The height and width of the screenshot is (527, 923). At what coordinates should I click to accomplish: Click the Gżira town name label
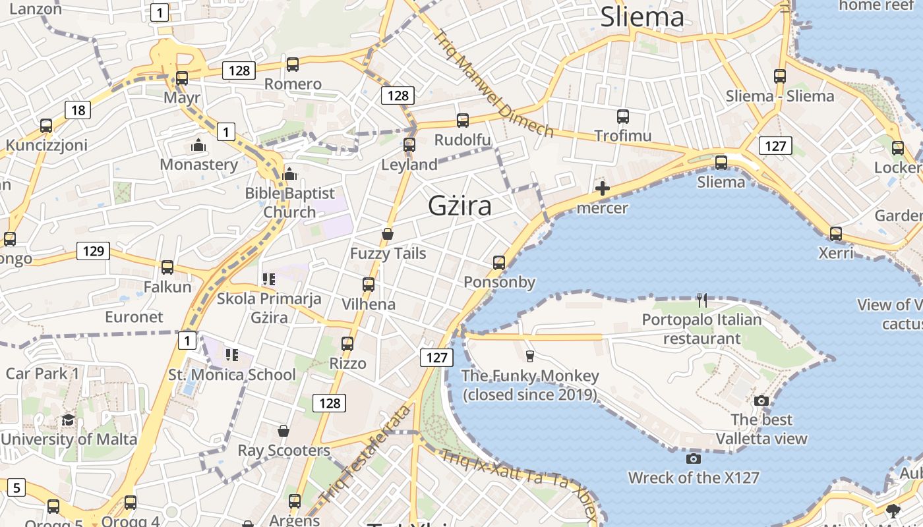coord(460,206)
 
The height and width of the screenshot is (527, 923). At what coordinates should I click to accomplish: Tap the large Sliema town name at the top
coord(641,17)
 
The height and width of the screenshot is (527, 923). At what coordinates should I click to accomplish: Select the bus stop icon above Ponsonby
coord(499,263)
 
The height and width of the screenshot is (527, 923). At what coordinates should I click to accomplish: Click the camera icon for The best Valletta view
coord(761,401)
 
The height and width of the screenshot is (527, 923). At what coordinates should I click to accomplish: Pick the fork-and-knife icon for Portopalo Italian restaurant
coord(702,300)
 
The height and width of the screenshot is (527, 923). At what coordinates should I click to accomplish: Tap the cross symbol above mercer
coord(602,189)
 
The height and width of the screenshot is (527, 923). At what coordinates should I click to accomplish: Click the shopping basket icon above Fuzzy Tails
coord(388,234)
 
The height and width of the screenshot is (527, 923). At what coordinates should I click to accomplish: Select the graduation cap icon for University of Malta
coord(68,420)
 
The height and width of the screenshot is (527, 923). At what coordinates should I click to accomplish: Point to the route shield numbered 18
coord(78,110)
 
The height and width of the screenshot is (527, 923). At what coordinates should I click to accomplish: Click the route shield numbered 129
coord(93,251)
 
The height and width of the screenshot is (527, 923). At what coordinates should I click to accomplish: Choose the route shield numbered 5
coord(16,488)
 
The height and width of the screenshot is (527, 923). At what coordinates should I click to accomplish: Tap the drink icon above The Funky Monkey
coord(529,356)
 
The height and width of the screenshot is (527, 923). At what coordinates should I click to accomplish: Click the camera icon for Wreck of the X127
coord(693,458)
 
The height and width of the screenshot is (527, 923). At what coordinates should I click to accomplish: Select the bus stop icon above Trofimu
coord(623,117)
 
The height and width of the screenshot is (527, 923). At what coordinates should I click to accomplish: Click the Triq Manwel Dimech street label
coord(493,83)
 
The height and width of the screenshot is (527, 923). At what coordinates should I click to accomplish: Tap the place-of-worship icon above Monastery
coord(198,145)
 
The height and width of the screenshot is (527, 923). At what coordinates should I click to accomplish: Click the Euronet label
coord(134,317)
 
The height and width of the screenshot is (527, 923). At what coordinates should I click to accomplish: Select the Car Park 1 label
coord(42,374)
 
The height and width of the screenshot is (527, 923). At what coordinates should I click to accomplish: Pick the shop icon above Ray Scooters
coord(283,431)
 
